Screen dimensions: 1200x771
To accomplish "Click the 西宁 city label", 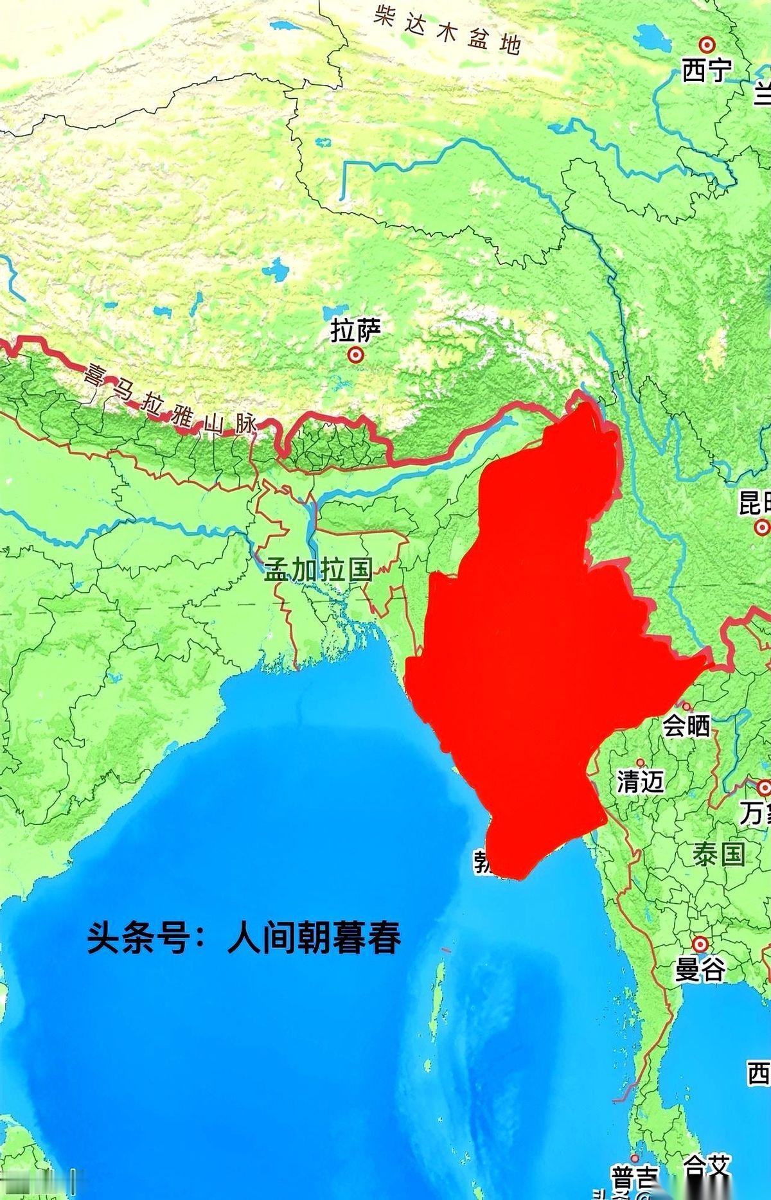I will (707, 70).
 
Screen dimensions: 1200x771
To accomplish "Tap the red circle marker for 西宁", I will (707, 45).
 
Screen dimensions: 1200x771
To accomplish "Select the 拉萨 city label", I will (355, 331).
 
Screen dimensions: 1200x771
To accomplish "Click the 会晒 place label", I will (687, 725).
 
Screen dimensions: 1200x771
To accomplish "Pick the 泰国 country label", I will (719, 854).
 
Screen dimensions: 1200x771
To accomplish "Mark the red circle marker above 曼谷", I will (700, 944).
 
